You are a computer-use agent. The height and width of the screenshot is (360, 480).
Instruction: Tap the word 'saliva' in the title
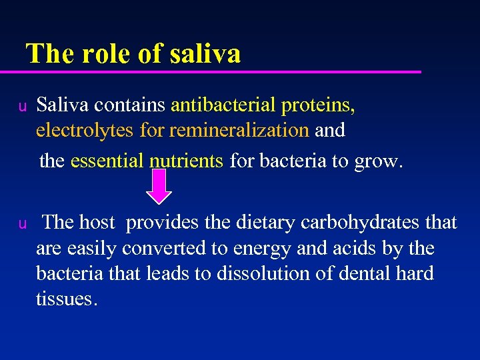[205, 53]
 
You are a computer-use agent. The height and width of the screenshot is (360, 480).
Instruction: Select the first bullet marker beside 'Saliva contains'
[22, 106]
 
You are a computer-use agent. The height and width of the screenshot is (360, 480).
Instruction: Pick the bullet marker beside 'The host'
[22, 223]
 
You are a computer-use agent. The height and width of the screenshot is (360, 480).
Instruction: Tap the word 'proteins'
[318, 105]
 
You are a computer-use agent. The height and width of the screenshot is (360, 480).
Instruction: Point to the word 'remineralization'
[239, 130]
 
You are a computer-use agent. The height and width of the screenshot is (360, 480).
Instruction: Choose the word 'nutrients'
[186, 161]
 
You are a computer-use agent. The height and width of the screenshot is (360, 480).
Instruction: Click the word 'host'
[97, 222]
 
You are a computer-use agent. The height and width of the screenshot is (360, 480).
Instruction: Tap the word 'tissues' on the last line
[66, 299]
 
